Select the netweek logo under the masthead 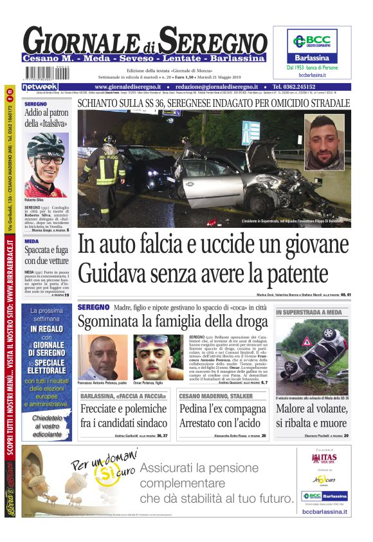(x=39, y=86)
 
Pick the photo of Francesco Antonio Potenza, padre (x=104, y=357)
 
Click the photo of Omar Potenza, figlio (x=158, y=357)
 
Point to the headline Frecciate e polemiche (x=123, y=409)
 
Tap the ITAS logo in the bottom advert (x=324, y=458)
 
